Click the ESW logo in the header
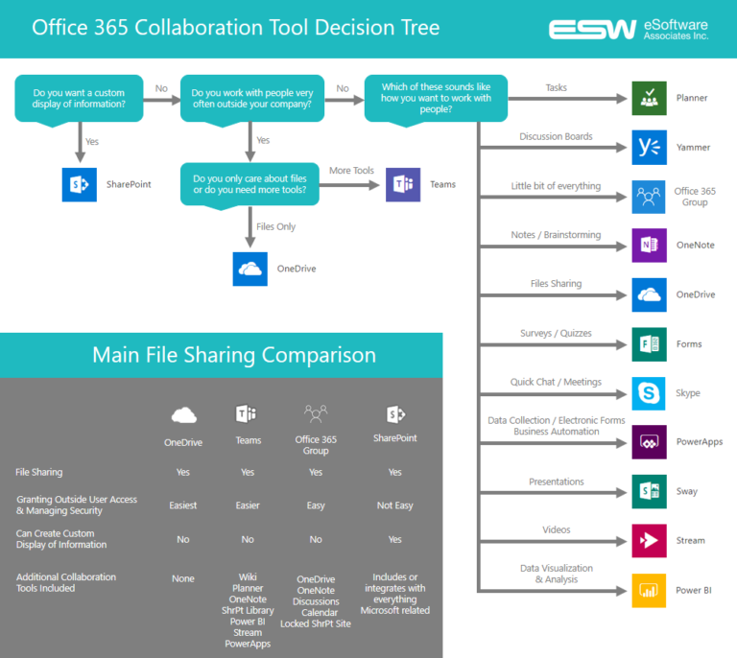pyautogui.click(x=592, y=29)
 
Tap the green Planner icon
pyautogui.click(x=649, y=98)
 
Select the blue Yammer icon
pyautogui.click(x=649, y=147)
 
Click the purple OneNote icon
pyautogui.click(x=649, y=245)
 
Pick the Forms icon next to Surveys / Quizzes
pyautogui.click(x=649, y=343)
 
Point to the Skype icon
pyautogui.click(x=649, y=393)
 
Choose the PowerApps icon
pyautogui.click(x=649, y=442)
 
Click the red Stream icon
pyautogui.click(x=649, y=540)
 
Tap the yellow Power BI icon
pyautogui.click(x=649, y=590)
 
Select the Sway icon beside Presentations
pyautogui.click(x=649, y=491)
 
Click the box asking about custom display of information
pyautogui.click(x=79, y=99)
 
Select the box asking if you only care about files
pyautogui.click(x=250, y=184)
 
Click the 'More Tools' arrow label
pyautogui.click(x=351, y=171)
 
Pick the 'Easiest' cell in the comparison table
pyautogui.click(x=182, y=505)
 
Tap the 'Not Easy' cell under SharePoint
pyautogui.click(x=394, y=505)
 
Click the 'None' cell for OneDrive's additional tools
pyautogui.click(x=182, y=578)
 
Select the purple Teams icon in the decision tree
pyautogui.click(x=403, y=184)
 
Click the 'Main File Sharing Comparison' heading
pyautogui.click(x=234, y=355)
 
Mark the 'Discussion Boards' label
pyautogui.click(x=556, y=136)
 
